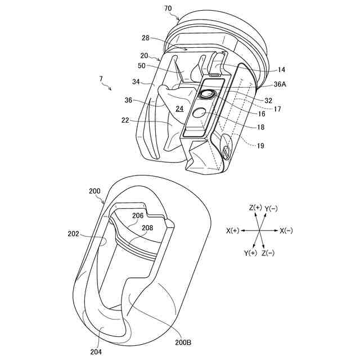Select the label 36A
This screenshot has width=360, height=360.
pyautogui.click(x=280, y=84)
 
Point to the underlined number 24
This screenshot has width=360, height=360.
pyautogui.click(x=179, y=109)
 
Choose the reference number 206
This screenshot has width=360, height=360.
pyautogui.click(x=138, y=215)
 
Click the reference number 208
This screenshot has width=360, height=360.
pyautogui.click(x=147, y=228)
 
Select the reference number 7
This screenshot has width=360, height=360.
pyautogui.click(x=101, y=80)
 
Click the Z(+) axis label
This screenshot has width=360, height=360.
pyautogui.click(x=255, y=208)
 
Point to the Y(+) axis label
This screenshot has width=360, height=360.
pyautogui.click(x=251, y=253)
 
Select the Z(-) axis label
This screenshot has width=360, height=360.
pyautogui.click(x=268, y=253)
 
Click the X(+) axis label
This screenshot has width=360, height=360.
pyautogui.click(x=233, y=231)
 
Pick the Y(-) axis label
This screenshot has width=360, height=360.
pyautogui.click(x=271, y=208)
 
